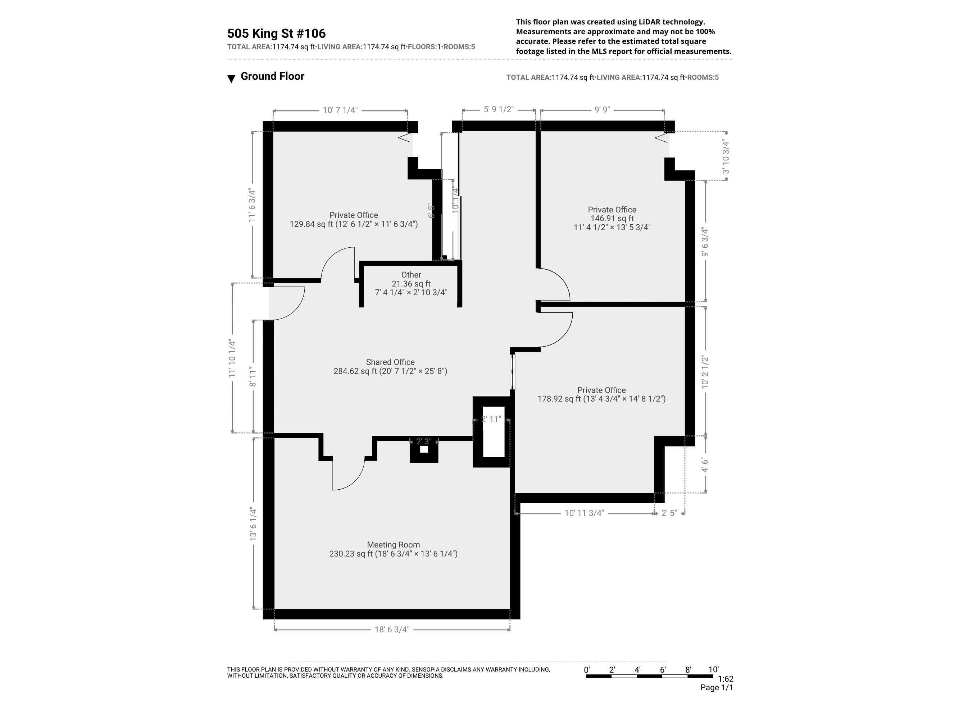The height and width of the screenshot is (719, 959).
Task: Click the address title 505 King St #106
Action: tap(276, 33)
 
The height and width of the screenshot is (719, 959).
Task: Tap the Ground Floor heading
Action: tap(272, 76)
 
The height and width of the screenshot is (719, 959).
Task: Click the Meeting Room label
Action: tap(393, 545)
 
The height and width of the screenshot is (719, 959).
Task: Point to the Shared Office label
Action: tap(390, 362)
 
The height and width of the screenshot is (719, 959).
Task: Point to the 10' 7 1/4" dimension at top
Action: tap(340, 110)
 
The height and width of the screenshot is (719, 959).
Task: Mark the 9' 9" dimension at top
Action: tap(602, 110)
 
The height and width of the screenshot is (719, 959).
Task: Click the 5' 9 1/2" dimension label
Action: tap(499, 109)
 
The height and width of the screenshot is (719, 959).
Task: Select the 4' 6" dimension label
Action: tap(705, 464)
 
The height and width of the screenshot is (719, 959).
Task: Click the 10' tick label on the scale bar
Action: tap(713, 670)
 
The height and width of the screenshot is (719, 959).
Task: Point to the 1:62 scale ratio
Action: tap(725, 679)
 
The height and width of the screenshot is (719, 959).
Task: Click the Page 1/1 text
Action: tap(716, 687)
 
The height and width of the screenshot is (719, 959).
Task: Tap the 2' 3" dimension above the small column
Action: tap(424, 441)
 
